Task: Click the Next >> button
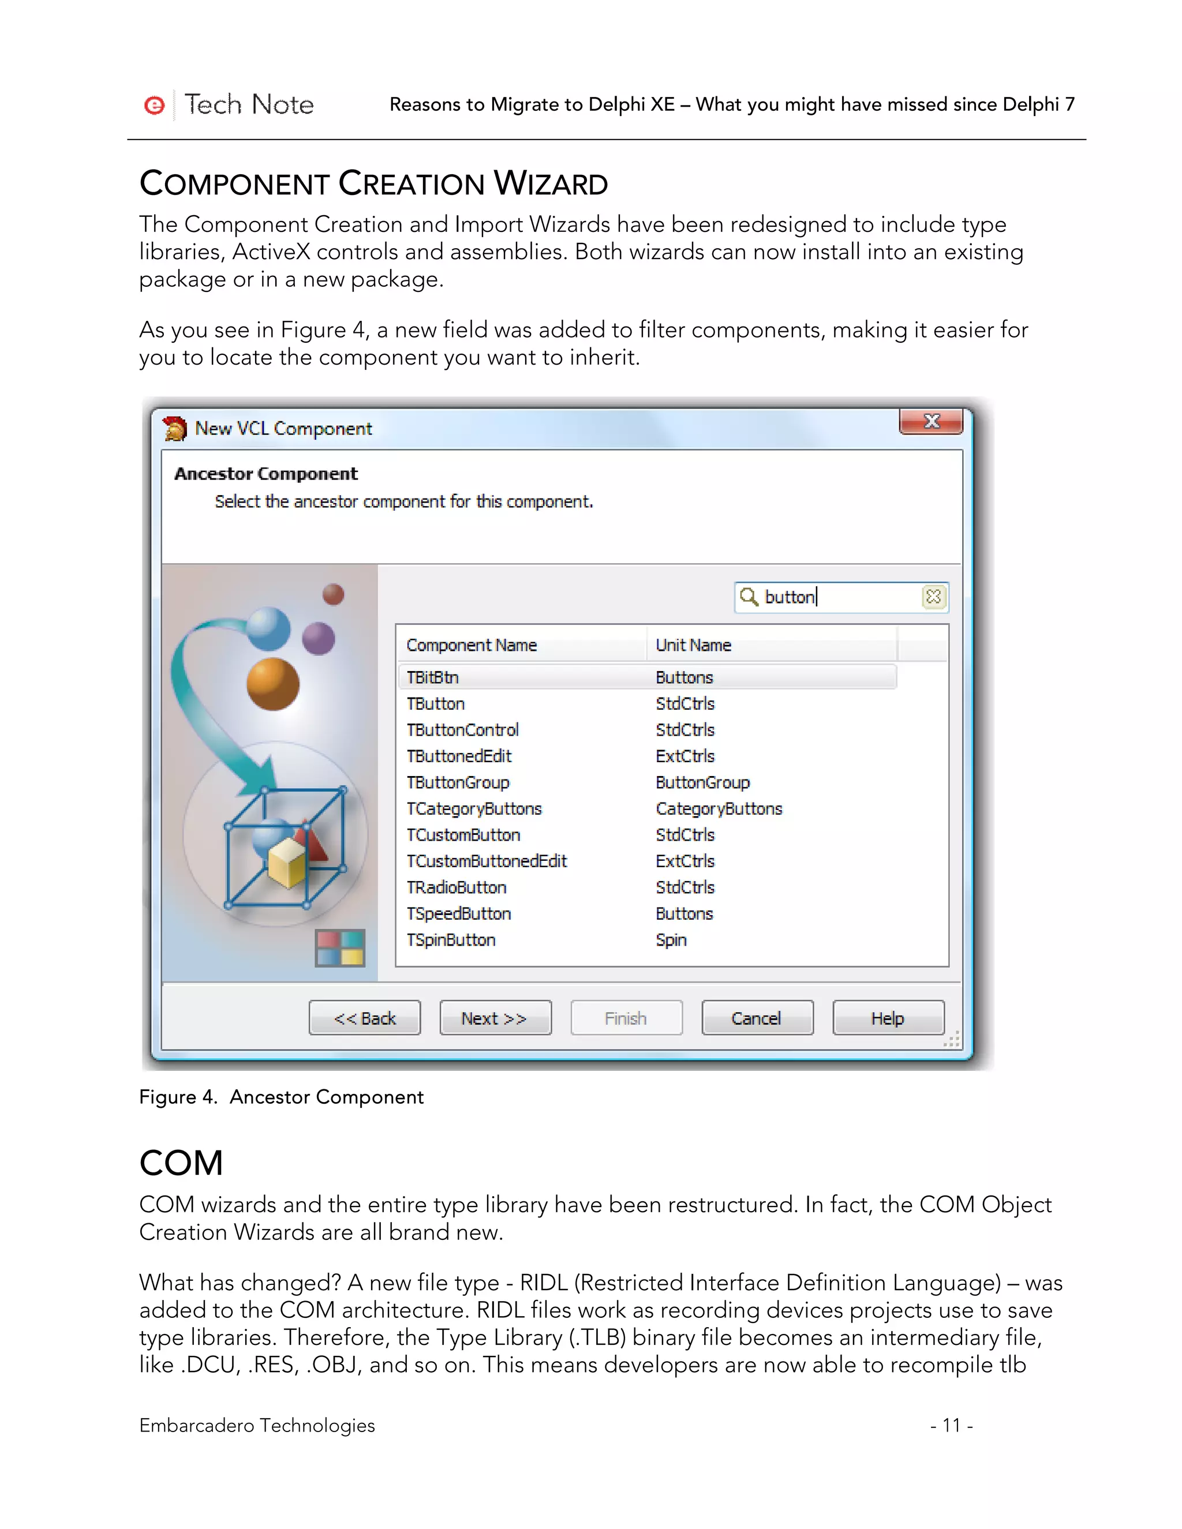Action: (495, 1018)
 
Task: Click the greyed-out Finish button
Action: (626, 1018)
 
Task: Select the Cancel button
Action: (757, 1018)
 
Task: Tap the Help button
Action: (888, 1018)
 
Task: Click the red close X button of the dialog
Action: (932, 421)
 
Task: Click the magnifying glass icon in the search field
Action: (749, 597)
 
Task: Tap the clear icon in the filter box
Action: (933, 597)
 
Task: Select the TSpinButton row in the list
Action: (451, 940)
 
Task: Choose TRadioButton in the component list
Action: (457, 888)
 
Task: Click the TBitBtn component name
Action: (433, 678)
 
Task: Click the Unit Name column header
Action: (693, 645)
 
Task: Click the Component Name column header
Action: (472, 645)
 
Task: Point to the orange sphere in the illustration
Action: (272, 684)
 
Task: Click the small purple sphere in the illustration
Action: (319, 638)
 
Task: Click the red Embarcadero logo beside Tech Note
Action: (154, 105)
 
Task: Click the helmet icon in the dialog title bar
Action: (175, 428)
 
